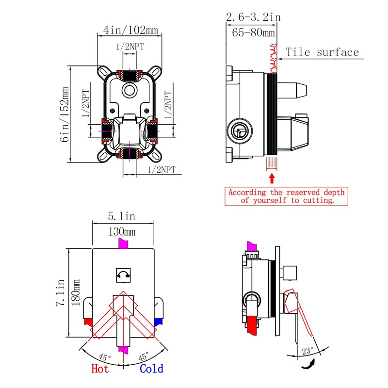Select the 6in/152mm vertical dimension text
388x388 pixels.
coord(65,114)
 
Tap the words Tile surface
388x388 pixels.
coord(322,52)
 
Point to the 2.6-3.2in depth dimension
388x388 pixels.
coord(253,17)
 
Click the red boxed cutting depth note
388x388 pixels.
coord(288,195)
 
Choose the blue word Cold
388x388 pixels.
coord(152,369)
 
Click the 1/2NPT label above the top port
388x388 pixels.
coord(129,47)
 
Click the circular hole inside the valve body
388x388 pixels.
coord(129,90)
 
